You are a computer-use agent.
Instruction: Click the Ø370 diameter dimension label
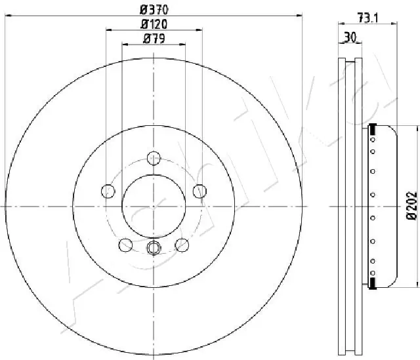pos(154,9)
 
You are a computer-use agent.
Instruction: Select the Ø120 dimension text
pos(154,24)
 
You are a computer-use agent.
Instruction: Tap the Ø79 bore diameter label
pos(154,39)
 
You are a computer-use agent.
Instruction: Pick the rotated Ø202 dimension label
pos(411,205)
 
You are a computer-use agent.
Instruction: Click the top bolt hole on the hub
pos(154,157)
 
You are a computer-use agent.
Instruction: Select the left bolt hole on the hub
pos(108,191)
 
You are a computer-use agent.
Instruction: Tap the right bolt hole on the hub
pos(199,191)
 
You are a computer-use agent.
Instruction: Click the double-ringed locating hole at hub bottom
pos(154,247)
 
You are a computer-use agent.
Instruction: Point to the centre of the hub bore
pos(154,205)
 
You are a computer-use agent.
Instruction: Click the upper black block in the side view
pos(373,129)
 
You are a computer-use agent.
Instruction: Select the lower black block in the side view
pos(373,282)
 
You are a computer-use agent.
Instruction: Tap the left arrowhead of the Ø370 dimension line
pos(8,14)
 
